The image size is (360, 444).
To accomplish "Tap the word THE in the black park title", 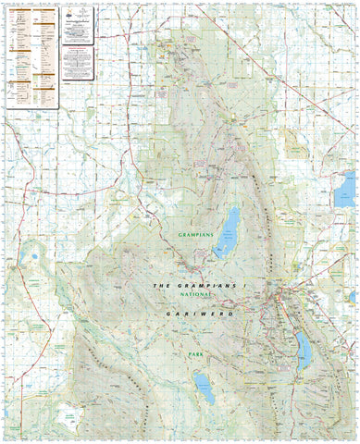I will [x=162, y=287].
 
